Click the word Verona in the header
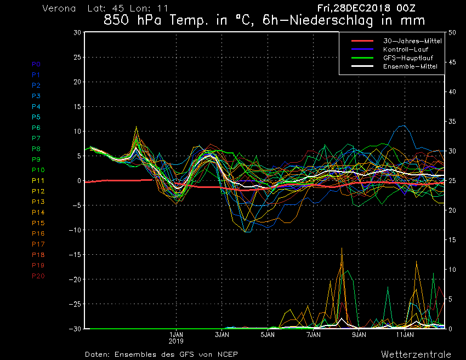(59, 9)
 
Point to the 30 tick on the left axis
(77, 32)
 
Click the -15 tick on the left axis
(76, 255)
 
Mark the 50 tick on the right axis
(452, 32)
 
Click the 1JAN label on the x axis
(176, 334)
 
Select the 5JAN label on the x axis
(268, 334)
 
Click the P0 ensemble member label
(36, 64)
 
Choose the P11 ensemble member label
(38, 181)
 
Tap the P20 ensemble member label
(38, 276)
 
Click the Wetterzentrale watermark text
(416, 354)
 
